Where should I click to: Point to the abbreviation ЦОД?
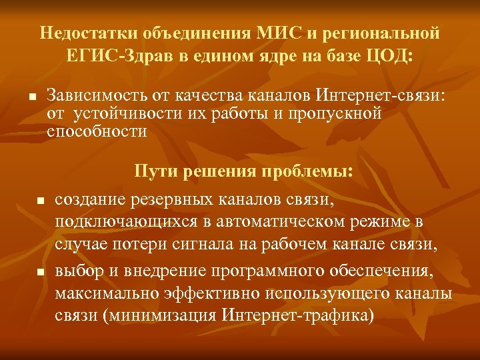click(391, 55)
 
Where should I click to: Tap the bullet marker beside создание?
click(40, 201)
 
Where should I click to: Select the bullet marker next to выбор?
click(40, 272)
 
